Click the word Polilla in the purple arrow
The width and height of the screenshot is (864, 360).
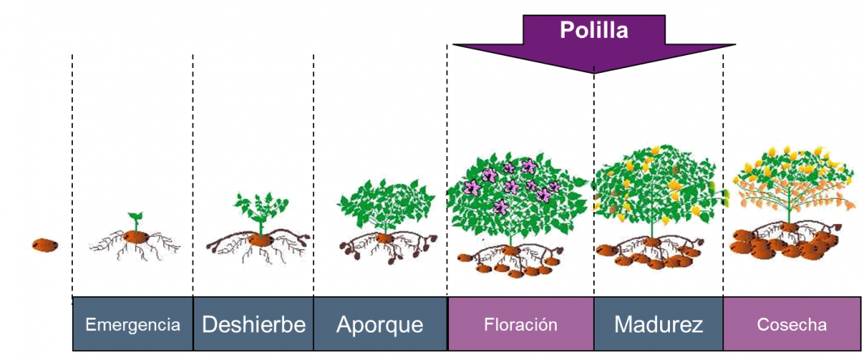594,30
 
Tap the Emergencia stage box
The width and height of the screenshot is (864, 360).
133,324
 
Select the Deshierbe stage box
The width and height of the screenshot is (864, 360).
253,324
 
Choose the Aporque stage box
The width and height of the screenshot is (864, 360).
380,324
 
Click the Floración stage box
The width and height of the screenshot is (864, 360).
521,324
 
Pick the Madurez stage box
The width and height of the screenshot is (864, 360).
659,324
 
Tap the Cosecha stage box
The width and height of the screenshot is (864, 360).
792,324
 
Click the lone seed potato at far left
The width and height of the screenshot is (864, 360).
44,245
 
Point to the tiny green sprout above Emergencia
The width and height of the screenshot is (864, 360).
135,221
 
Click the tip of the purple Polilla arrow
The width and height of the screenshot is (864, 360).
594,73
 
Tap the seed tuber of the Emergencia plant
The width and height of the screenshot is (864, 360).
136,238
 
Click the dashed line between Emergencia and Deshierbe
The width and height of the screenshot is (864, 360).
193,176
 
